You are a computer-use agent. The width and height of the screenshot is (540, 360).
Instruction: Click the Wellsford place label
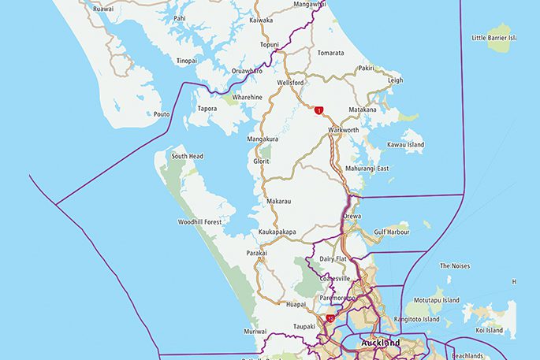(x=291, y=82)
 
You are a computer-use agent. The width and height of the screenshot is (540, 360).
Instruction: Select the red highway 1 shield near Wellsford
(x=318, y=111)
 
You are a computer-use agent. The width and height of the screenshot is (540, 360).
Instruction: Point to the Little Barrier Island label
(x=493, y=38)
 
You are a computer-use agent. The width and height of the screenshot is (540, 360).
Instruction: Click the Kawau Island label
(x=405, y=145)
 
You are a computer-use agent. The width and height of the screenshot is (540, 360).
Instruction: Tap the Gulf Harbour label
(x=392, y=232)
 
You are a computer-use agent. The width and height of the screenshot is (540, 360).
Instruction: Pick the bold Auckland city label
(x=380, y=343)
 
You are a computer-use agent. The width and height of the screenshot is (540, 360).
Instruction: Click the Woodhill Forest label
(x=201, y=222)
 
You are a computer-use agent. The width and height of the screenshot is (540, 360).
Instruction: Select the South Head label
(x=188, y=156)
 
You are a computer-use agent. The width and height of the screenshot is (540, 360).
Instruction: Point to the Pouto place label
(x=162, y=114)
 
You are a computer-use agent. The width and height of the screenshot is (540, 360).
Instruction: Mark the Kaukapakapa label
(x=277, y=232)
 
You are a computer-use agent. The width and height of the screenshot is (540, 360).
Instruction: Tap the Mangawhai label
(x=309, y=5)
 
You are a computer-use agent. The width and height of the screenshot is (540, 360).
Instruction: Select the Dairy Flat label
(x=334, y=258)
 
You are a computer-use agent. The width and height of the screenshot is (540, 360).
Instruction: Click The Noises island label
(x=454, y=266)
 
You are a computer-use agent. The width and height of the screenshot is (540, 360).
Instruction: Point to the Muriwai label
(x=255, y=332)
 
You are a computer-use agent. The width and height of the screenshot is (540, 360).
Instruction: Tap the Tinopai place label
(x=187, y=61)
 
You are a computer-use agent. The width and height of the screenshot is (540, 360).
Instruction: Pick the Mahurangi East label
(x=367, y=169)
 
